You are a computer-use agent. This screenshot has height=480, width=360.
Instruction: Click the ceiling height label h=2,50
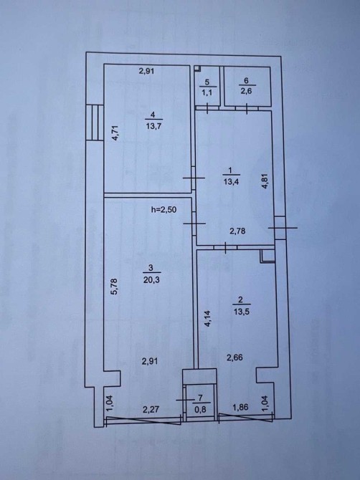coord(164,210)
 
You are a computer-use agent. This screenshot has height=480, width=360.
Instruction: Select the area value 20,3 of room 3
coord(151,279)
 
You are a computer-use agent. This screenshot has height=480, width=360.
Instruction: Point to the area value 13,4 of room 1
coord(232,181)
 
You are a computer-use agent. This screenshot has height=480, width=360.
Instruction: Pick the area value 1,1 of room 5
coord(207,92)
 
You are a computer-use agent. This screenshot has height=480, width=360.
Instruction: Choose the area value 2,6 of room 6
coord(246,91)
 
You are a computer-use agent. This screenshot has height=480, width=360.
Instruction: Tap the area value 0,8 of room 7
coord(200,409)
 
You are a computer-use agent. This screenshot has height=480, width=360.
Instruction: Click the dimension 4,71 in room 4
coord(115,133)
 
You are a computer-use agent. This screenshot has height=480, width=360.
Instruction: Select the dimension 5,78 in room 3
coord(114,286)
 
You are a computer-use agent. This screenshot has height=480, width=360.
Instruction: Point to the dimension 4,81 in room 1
coord(265,181)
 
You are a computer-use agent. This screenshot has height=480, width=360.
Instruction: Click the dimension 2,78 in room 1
coord(237,231)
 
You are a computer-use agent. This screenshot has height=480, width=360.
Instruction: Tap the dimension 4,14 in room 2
coord(208,319)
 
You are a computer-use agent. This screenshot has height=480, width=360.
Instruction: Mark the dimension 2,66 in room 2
coord(235,357)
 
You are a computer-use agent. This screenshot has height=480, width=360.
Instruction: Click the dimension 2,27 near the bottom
coord(151,409)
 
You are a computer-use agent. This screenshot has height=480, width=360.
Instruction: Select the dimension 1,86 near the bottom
coord(240,407)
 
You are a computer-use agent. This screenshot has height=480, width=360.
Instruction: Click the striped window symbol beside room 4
coord(95,123)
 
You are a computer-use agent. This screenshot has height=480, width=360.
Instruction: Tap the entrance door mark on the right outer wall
coord(282,228)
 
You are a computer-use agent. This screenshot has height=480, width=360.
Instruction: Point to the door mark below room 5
coord(207,108)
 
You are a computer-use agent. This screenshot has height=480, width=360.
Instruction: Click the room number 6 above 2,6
coord(246,80)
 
